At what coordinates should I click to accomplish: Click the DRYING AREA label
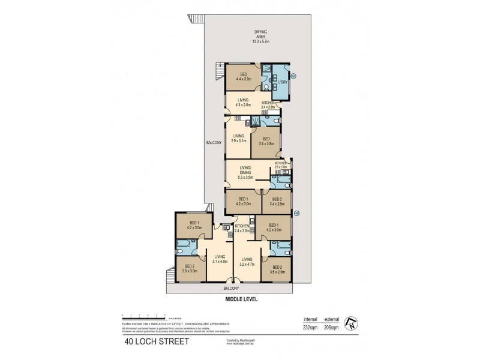coord(260,37)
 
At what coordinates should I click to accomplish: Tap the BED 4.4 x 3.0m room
coord(244,76)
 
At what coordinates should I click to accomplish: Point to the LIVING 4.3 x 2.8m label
coord(243,103)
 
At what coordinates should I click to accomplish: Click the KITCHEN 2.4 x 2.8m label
coord(268,104)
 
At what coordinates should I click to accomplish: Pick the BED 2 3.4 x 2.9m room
coord(277,202)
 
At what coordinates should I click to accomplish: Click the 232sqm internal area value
coord(310,328)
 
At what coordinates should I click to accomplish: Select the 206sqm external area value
coord(332,328)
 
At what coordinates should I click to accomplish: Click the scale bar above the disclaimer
coord(144,315)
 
